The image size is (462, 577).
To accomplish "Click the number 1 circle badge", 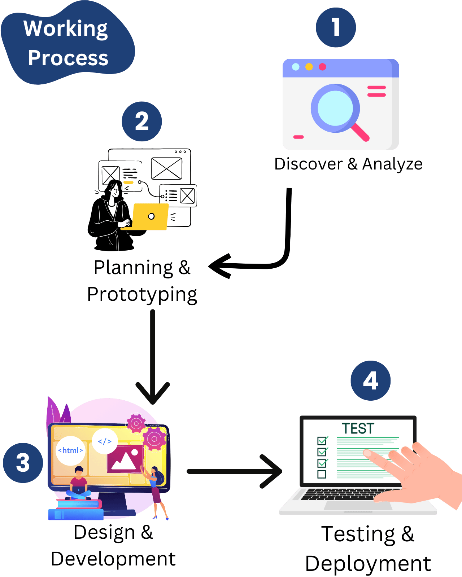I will [x=336, y=27].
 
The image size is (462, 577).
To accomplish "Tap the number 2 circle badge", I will [x=141, y=122].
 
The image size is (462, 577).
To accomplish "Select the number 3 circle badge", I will [x=23, y=463].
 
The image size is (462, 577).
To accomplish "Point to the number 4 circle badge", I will [x=370, y=380].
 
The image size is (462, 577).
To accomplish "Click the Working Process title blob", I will [x=67, y=43].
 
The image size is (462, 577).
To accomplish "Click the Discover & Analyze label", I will [x=348, y=164].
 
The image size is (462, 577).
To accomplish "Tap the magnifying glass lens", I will [x=335, y=108].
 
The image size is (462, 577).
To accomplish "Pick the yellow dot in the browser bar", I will [x=309, y=67].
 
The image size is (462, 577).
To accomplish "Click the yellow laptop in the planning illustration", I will [x=150, y=216].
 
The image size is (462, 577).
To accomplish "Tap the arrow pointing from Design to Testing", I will [x=235, y=471].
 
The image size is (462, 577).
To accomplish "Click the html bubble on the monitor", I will [x=70, y=450].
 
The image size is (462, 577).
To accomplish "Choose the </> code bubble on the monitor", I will [x=105, y=441].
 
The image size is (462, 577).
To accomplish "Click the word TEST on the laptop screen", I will [x=358, y=428].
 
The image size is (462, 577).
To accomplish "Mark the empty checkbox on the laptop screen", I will [x=322, y=474].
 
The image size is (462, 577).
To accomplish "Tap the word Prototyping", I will [x=142, y=295].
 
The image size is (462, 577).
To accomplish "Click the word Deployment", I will [x=368, y=563].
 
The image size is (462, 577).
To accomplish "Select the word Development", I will [x=113, y=559].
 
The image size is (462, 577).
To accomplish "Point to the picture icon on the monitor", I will [x=125, y=459].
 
